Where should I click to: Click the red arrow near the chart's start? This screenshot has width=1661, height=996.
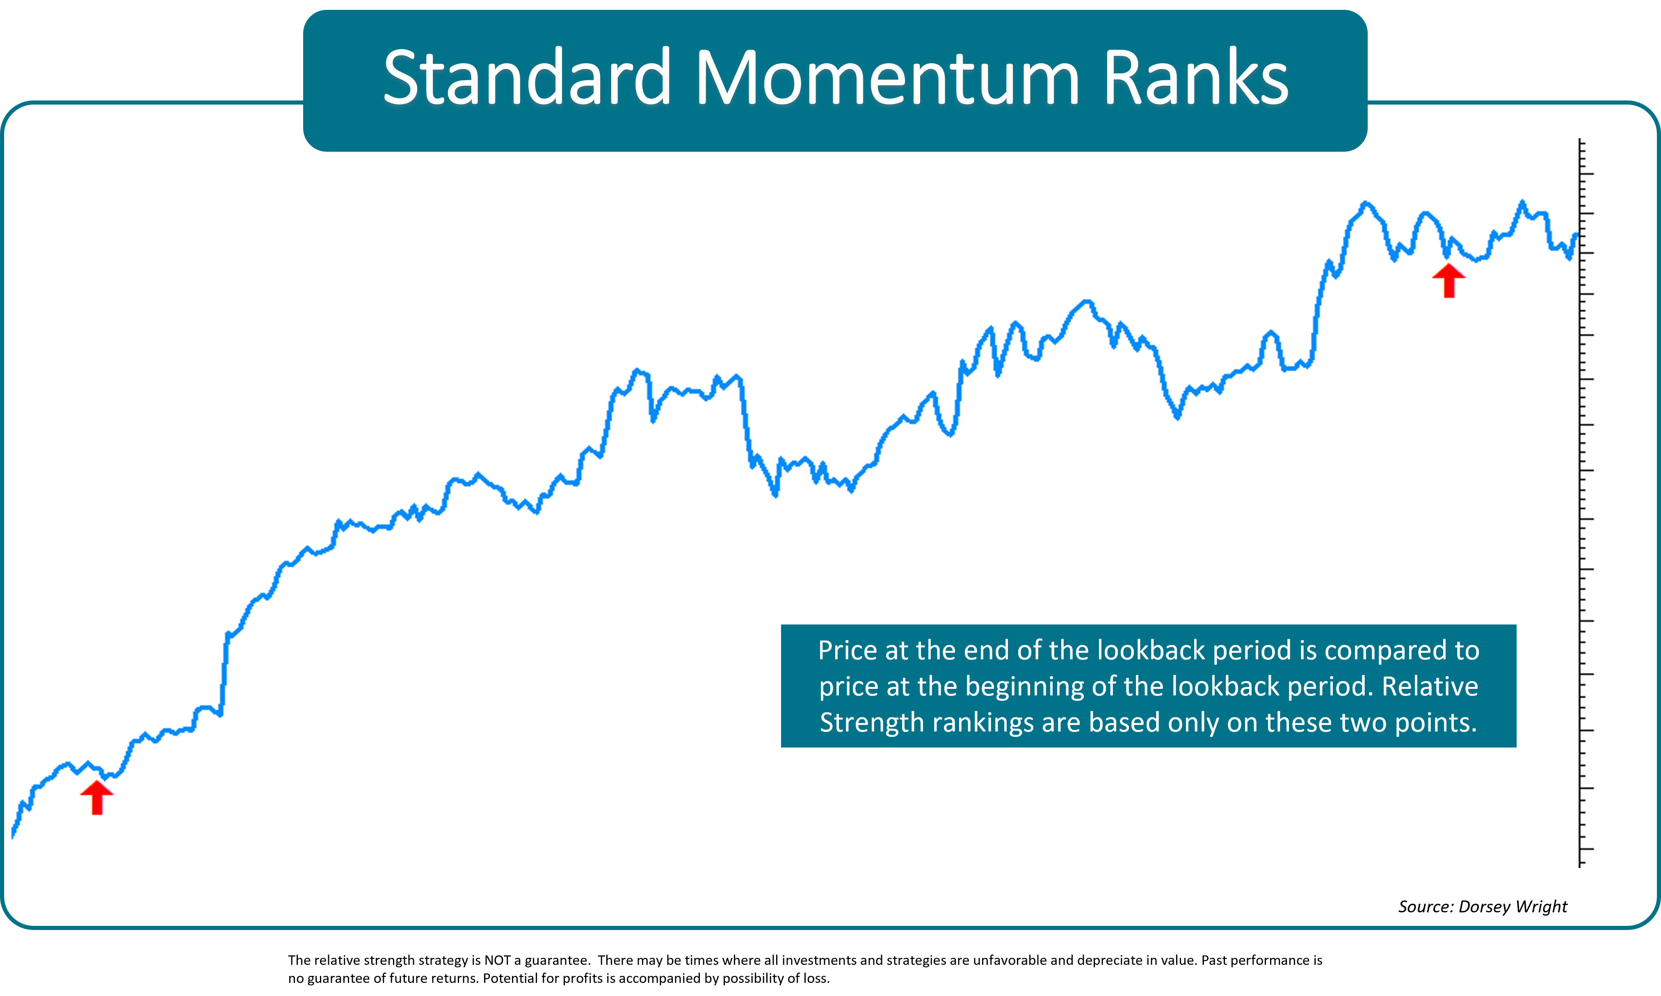tap(97, 798)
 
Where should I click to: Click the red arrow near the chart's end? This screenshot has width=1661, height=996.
tap(1449, 280)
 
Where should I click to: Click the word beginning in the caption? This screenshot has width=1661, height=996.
tap(1025, 686)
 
